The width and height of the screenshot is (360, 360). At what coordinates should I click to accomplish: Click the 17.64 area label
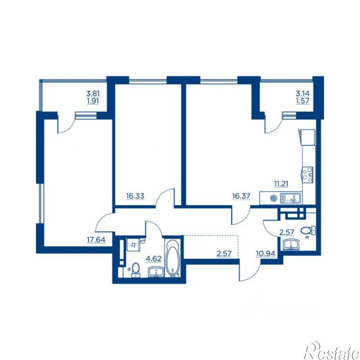(x=96, y=240)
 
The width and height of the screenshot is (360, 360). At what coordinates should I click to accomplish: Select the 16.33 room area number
(x=135, y=196)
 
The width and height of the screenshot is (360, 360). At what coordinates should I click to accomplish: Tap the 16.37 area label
(x=241, y=196)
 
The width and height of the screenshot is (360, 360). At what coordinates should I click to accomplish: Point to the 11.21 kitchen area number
(x=281, y=184)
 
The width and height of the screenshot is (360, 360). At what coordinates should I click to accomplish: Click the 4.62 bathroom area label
(x=153, y=259)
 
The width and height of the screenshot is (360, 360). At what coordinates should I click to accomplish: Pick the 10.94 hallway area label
(x=266, y=253)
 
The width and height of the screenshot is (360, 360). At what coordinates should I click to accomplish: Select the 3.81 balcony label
(x=93, y=94)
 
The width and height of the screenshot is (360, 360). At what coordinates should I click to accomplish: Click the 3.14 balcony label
(x=302, y=94)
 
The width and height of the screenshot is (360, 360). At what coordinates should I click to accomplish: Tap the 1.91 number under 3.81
(x=93, y=101)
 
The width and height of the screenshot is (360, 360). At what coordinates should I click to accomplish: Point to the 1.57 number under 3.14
(x=302, y=101)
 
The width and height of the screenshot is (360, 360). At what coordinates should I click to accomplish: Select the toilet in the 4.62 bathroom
(x=136, y=270)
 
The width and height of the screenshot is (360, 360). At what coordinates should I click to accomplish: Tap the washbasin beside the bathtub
(x=156, y=272)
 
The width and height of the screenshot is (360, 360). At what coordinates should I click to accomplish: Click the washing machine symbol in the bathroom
(x=133, y=244)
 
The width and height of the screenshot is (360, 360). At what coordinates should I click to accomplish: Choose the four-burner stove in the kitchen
(x=308, y=175)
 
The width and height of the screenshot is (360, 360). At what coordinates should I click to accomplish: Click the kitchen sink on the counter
(x=290, y=198)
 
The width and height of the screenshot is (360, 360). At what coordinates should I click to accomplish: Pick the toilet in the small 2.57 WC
(x=308, y=231)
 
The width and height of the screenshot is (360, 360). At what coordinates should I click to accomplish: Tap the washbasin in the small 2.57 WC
(x=291, y=244)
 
